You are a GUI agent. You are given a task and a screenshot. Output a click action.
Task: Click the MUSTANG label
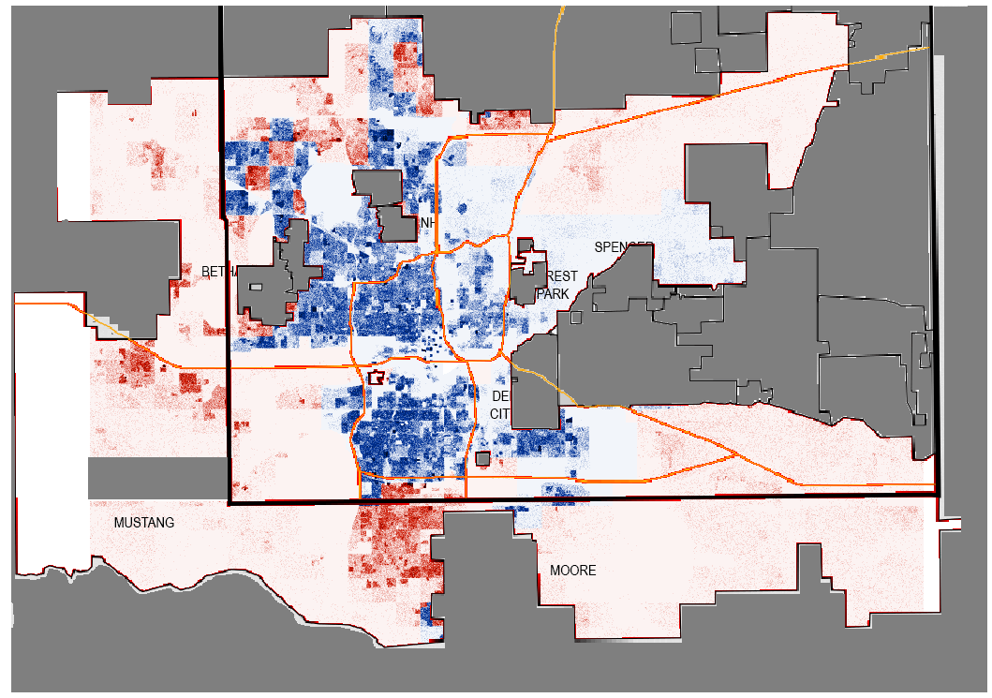tap(144, 523)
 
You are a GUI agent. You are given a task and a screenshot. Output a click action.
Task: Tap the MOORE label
tap(572, 571)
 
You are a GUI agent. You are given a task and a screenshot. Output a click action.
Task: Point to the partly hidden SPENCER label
tap(623, 246)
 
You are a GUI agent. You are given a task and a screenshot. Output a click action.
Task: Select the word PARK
tap(554, 293)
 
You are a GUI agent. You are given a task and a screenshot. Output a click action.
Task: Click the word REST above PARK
tap(563, 276)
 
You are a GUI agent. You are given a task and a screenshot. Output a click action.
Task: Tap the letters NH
tap(428, 222)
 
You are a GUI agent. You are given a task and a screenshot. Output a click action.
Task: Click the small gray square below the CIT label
tap(482, 458)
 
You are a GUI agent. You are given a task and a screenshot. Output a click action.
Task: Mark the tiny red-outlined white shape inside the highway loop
tap(377, 378)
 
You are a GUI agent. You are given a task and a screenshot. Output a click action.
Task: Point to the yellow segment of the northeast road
tap(880, 58)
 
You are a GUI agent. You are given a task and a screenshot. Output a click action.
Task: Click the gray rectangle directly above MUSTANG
tap(158, 478)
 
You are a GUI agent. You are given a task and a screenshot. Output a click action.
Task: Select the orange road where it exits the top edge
tap(562, 9)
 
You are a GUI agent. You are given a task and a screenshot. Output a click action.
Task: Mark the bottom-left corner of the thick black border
tap(229, 503)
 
